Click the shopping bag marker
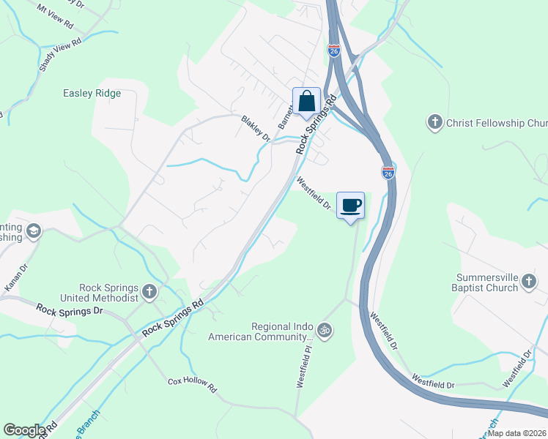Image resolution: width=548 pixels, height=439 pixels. (306, 100)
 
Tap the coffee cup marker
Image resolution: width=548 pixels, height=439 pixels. (350, 204)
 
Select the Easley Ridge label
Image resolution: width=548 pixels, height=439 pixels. (92, 94)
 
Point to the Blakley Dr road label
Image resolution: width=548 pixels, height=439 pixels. (256, 129)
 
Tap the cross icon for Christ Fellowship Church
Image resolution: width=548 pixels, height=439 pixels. (435, 122)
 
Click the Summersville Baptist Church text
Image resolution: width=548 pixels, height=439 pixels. (486, 283)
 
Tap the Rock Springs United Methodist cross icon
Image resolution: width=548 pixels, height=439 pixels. (149, 293)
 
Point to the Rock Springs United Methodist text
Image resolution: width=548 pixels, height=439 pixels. (110, 293)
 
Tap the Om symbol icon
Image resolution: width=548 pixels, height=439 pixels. (325, 331)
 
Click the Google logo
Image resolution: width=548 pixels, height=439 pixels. (24, 430)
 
